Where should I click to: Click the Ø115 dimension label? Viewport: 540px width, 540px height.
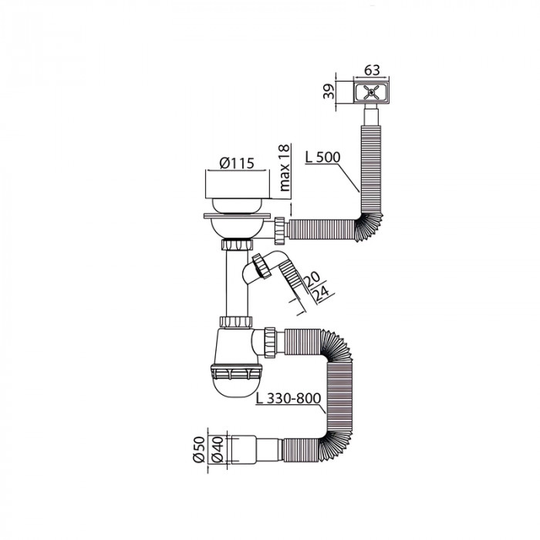pyautogui.click(x=237, y=164)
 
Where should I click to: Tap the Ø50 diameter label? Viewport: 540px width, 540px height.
pyautogui.click(x=197, y=449)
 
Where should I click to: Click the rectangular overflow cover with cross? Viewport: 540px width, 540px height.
pyautogui.click(x=371, y=93)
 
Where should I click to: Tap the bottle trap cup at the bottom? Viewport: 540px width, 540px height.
pyautogui.click(x=237, y=378)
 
